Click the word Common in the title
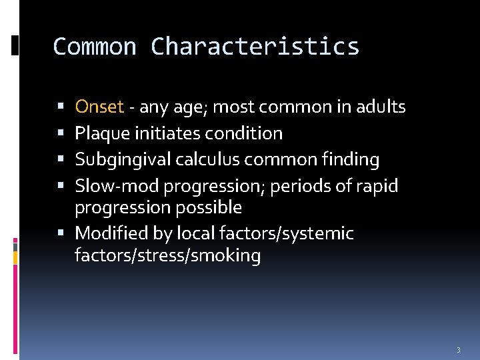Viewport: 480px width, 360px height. click(95, 47)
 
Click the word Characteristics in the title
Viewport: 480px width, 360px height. click(255, 47)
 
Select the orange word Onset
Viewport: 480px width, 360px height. click(99, 107)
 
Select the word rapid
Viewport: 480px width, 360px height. click(377, 186)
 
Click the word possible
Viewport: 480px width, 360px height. click(209, 207)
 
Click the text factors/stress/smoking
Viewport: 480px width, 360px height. click(167, 255)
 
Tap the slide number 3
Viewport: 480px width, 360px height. click(459, 350)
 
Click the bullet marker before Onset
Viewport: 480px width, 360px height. click(62, 107)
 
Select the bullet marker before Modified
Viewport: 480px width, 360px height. click(62, 234)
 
